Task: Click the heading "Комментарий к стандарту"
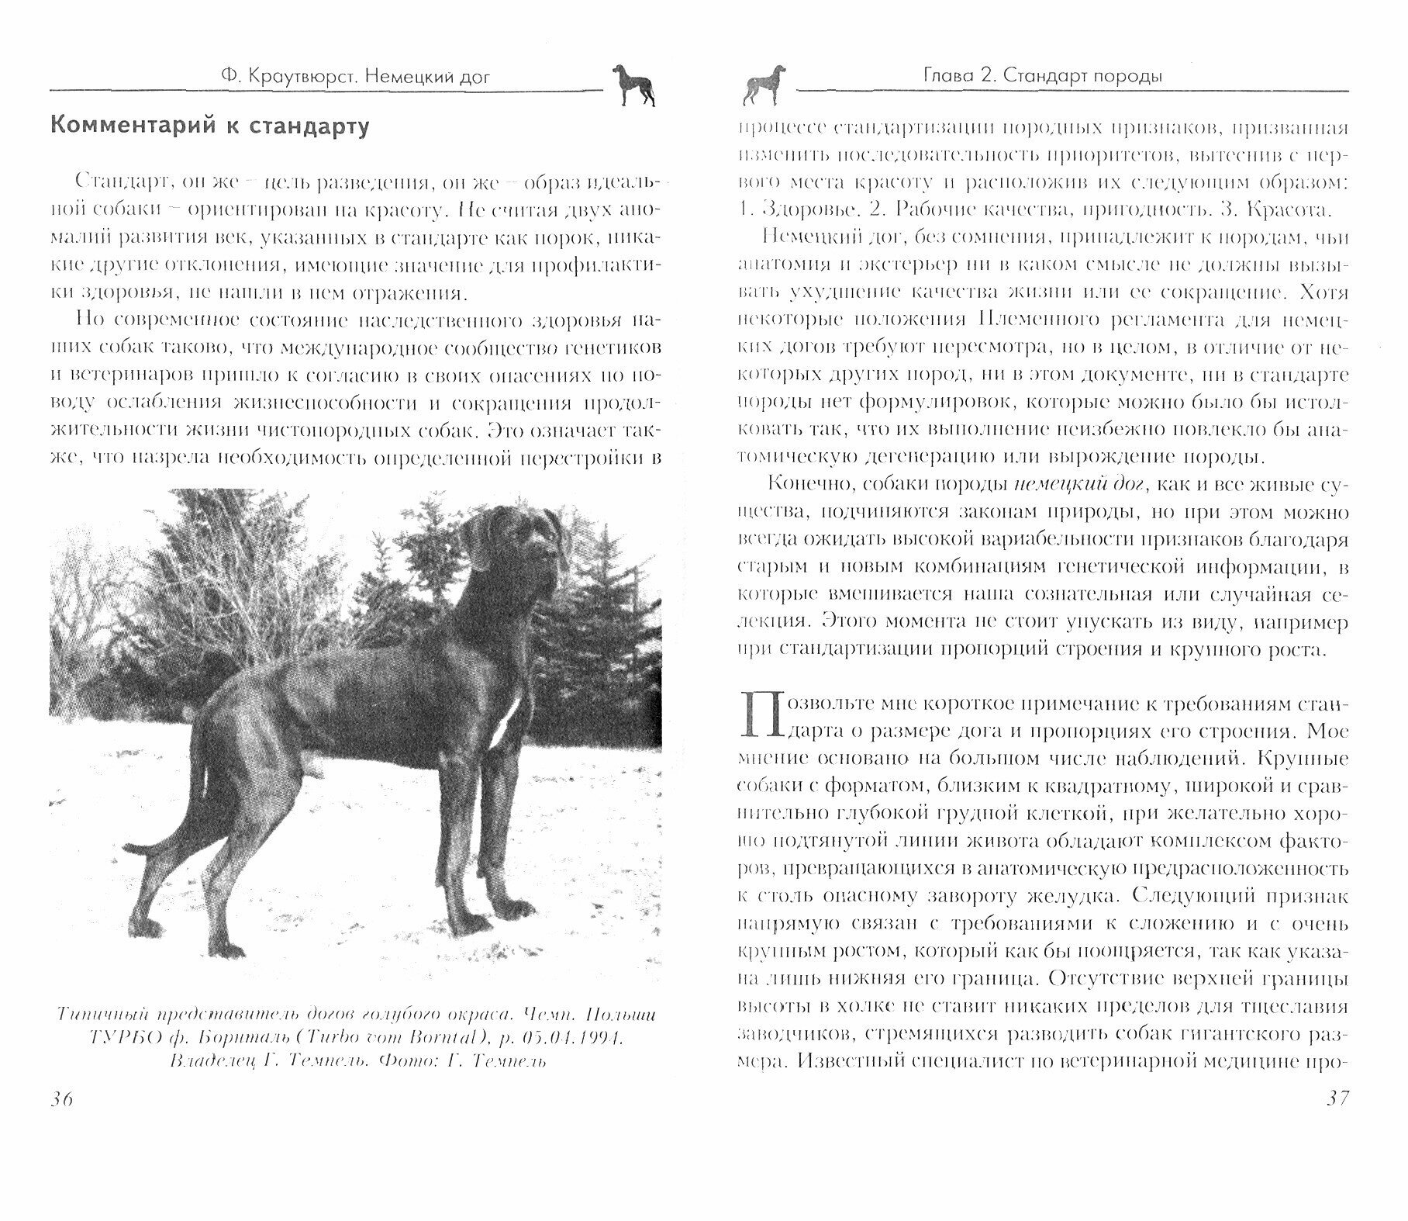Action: point(209,126)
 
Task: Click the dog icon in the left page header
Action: point(633,84)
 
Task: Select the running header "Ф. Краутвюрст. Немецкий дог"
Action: point(355,76)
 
